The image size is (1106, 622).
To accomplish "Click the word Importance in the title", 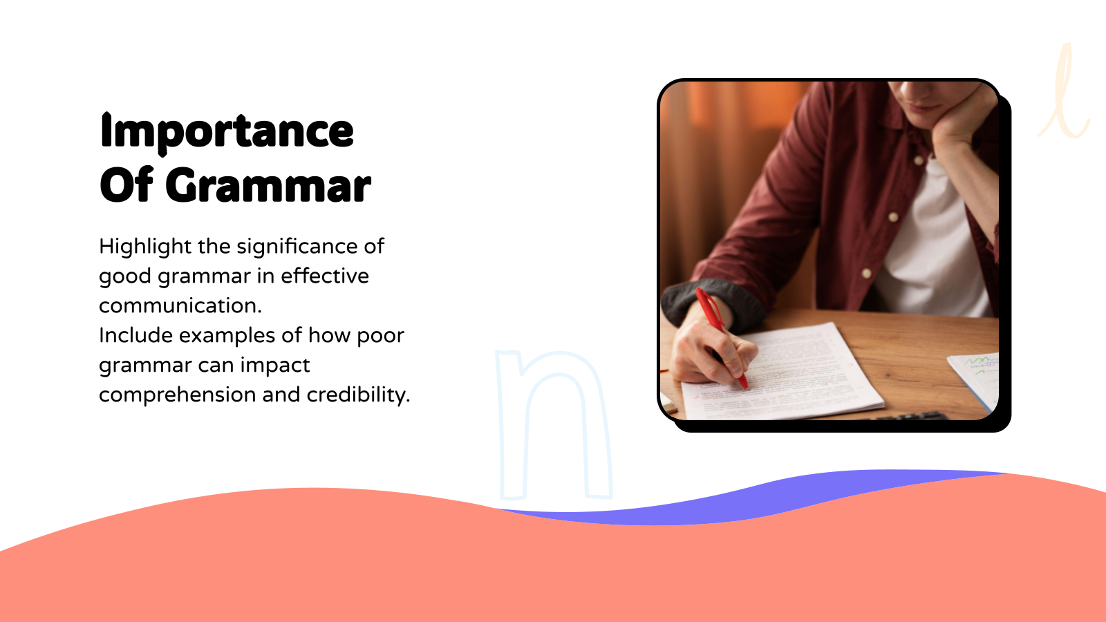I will [x=227, y=131].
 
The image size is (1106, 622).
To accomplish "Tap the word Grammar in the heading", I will [x=268, y=187].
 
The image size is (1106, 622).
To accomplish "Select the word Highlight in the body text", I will [x=145, y=246].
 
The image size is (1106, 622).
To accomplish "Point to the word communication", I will [x=180, y=305].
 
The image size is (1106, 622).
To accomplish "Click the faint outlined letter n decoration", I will [x=553, y=422].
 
